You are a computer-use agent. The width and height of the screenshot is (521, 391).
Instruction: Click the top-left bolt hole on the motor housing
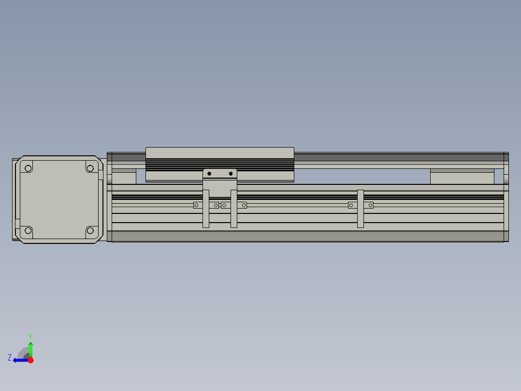click(x=28, y=168)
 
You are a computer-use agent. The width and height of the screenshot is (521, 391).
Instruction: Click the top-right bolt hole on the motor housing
click(x=90, y=168)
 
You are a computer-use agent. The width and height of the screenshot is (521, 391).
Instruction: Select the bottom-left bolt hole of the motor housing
click(x=28, y=230)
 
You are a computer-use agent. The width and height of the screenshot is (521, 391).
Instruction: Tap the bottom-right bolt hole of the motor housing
click(x=90, y=230)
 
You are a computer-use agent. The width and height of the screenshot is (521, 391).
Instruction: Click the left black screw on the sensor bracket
click(x=209, y=173)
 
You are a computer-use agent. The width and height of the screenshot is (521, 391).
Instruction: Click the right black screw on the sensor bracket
click(x=231, y=173)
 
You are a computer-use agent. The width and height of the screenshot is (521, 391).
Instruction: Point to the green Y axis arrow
click(x=30, y=349)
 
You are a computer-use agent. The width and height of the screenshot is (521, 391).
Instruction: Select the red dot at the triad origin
click(x=30, y=360)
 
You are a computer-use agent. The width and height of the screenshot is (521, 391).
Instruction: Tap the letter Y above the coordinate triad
click(x=30, y=336)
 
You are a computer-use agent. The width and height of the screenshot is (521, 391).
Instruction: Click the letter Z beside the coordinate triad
click(x=10, y=357)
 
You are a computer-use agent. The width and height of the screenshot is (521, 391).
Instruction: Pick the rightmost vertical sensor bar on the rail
click(x=360, y=209)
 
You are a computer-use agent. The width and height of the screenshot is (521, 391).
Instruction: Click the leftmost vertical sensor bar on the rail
click(x=206, y=209)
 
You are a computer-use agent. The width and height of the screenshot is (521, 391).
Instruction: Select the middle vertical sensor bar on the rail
click(x=234, y=209)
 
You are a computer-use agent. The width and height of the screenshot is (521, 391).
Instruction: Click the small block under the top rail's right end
click(x=462, y=177)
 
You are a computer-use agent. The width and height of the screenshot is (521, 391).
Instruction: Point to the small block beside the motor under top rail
click(x=124, y=177)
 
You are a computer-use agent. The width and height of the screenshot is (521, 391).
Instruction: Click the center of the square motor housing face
click(x=59, y=199)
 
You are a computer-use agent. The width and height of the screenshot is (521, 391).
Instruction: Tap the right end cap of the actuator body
click(x=506, y=197)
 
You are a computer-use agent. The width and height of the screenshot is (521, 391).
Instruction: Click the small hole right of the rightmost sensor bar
click(x=371, y=205)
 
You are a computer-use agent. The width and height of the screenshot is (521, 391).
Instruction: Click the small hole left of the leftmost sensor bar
click(x=196, y=205)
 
